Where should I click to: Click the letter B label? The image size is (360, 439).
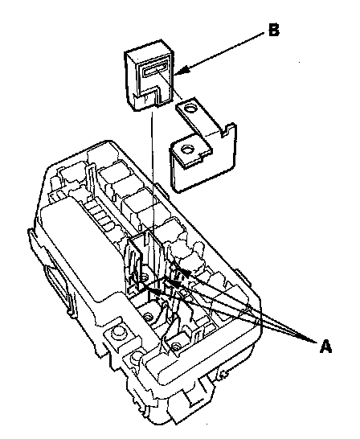(273, 30)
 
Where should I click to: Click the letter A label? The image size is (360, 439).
(325, 347)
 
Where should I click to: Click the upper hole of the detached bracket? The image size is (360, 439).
(190, 109)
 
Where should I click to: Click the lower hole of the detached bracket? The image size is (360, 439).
(186, 150)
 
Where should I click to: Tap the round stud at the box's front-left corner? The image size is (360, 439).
(117, 333)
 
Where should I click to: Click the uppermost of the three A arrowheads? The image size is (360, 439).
(185, 271)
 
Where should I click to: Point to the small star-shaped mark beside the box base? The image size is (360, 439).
(223, 374)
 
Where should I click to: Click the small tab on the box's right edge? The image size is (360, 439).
(244, 278)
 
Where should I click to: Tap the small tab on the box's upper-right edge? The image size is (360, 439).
(162, 191)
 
